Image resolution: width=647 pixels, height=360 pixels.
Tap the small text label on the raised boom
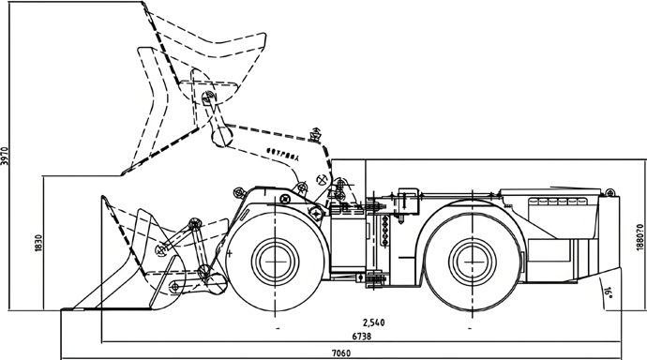282,152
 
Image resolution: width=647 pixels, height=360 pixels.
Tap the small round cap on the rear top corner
606,191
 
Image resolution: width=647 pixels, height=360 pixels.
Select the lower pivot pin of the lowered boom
203,273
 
